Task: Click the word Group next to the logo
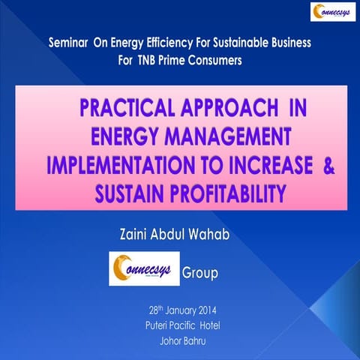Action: [x=199, y=273]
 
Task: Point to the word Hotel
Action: [x=213, y=325]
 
